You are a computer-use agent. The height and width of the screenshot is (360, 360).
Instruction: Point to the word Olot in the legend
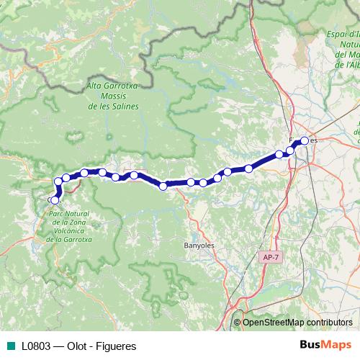(x=79, y=346)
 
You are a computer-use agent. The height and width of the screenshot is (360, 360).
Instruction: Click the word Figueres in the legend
(x=115, y=346)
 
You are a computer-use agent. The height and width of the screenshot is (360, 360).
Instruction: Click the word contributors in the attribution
(x=330, y=323)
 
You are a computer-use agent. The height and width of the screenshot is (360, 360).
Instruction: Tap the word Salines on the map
(x=123, y=106)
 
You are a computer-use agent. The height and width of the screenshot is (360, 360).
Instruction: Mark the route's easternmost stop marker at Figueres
(x=305, y=140)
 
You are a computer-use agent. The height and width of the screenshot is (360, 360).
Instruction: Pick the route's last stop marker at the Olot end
(x=54, y=199)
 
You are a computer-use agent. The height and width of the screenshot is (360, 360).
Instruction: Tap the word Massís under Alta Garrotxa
(x=114, y=96)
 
